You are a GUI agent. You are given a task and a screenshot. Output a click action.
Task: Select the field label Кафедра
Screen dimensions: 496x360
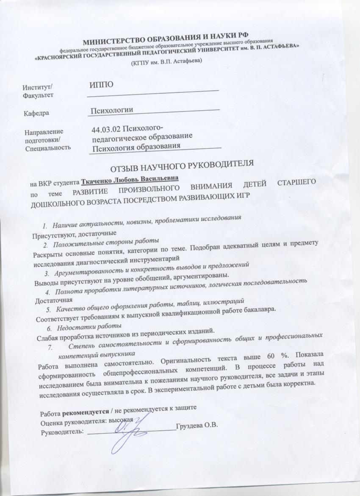[36, 114]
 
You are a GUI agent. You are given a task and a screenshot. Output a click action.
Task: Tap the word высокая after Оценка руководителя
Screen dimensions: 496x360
[121, 421]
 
